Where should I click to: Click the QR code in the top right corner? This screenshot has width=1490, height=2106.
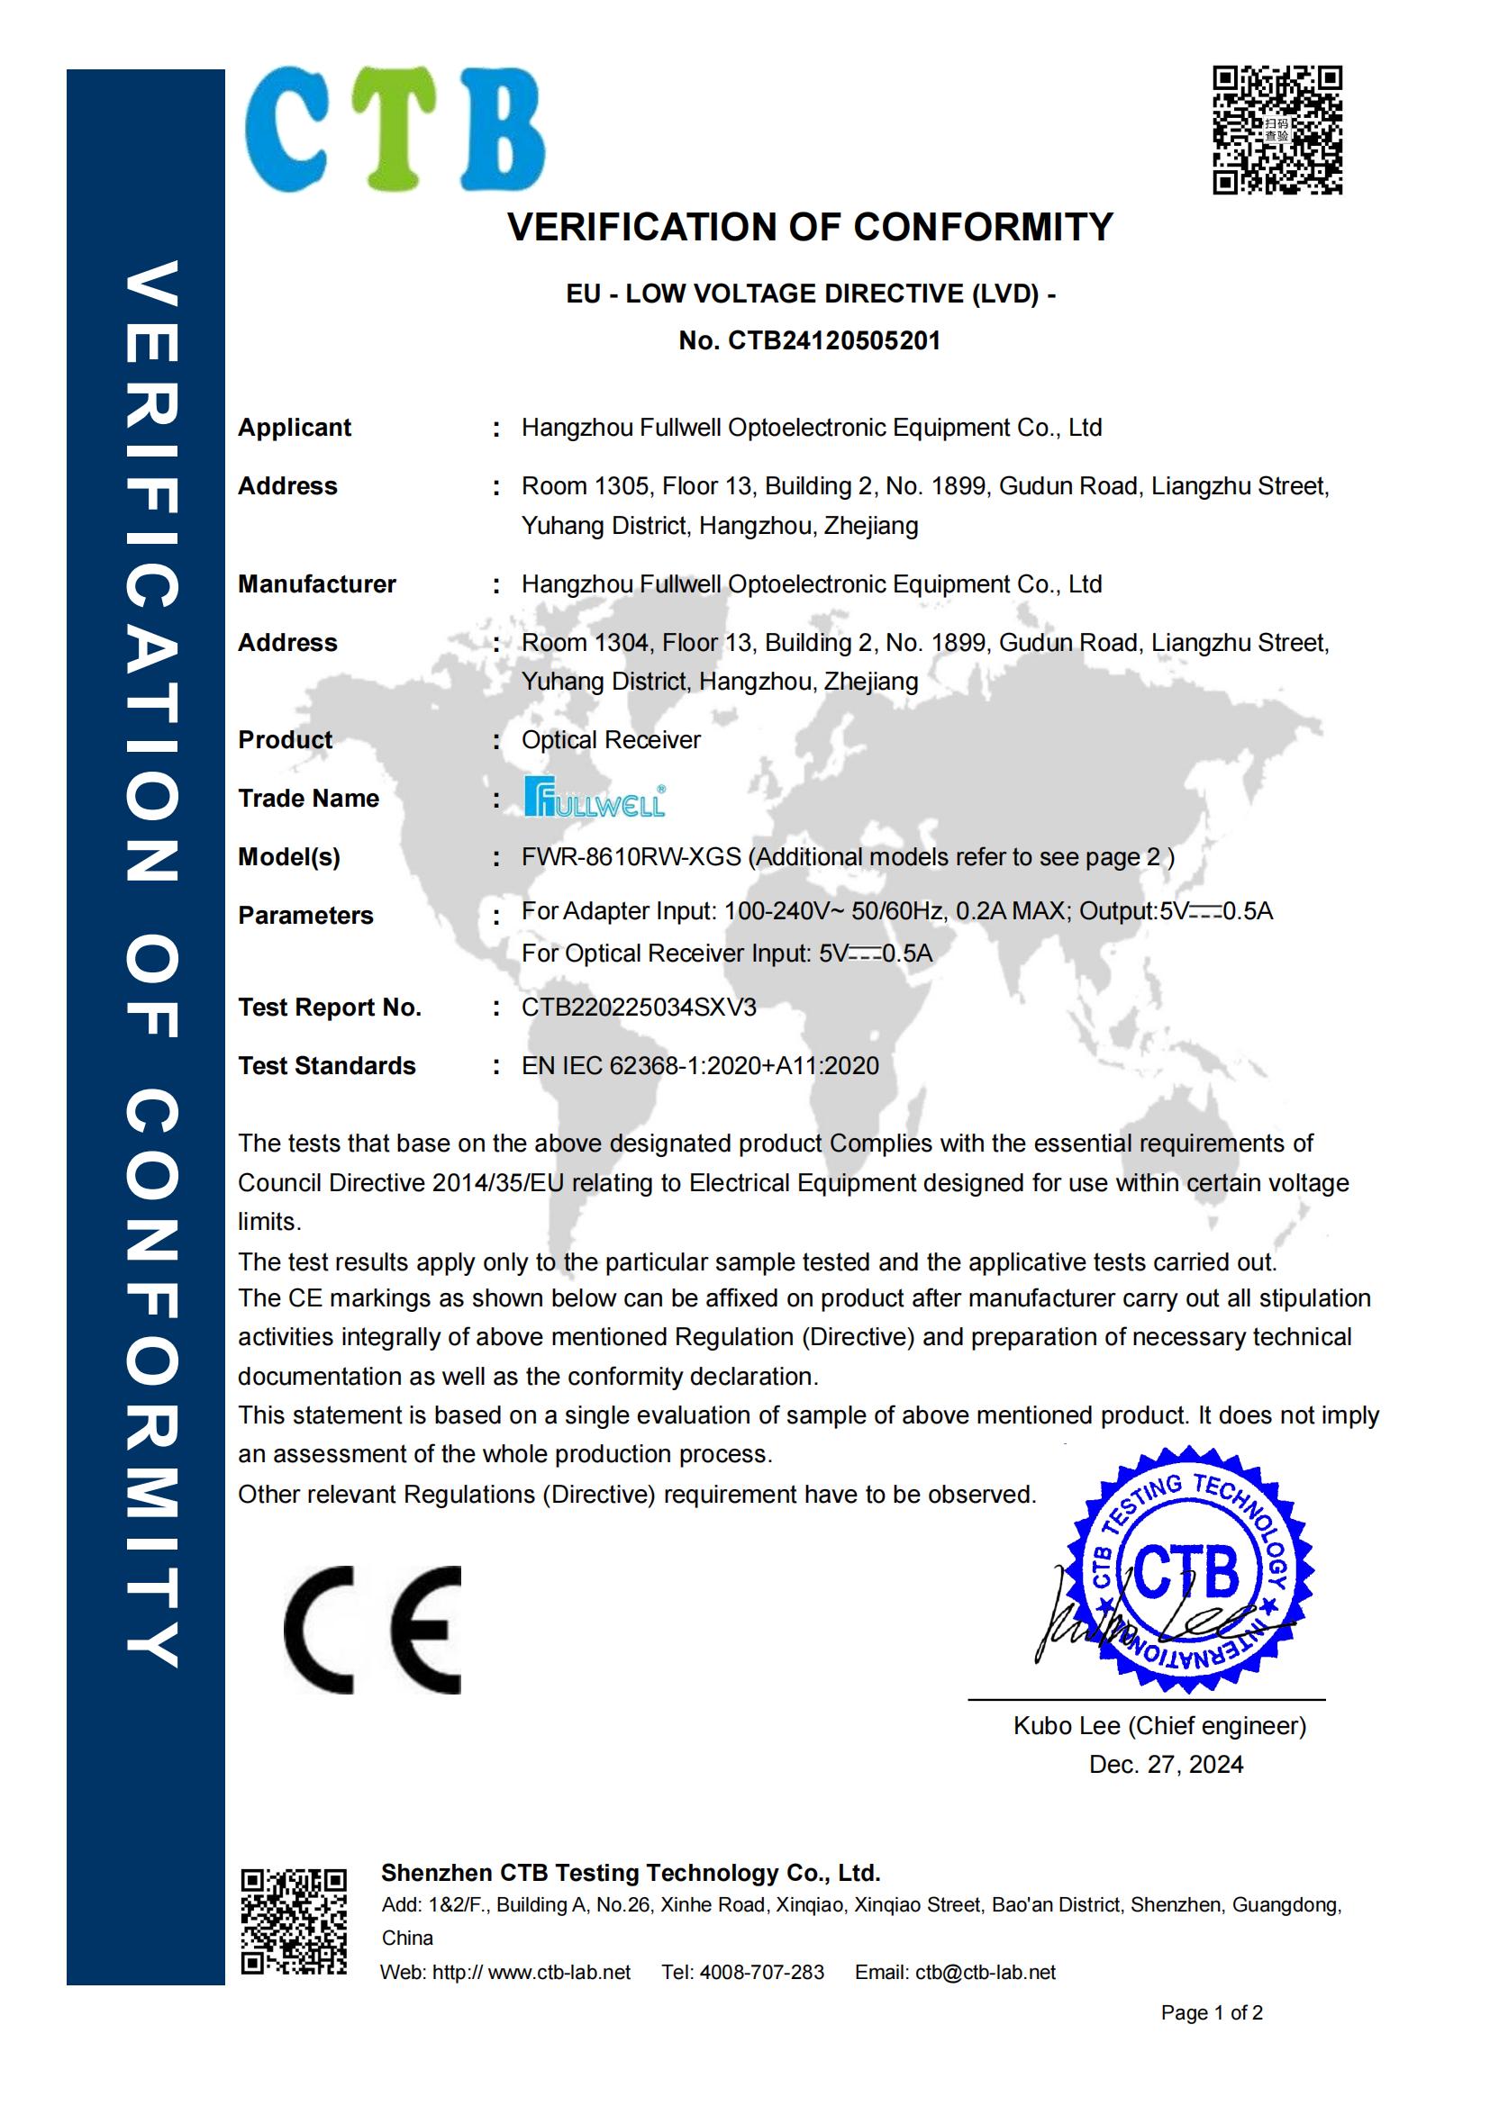click(x=1277, y=130)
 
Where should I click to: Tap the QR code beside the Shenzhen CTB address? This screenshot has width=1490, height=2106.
click(x=294, y=1921)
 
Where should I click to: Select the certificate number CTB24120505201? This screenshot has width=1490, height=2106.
click(x=834, y=341)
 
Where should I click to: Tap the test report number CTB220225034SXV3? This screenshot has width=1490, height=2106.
click(x=639, y=1008)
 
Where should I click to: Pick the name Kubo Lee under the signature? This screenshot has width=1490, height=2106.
click(x=1066, y=1725)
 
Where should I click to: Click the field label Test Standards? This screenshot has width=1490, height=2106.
click(x=327, y=1066)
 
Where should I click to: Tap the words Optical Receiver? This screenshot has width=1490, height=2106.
click(x=610, y=740)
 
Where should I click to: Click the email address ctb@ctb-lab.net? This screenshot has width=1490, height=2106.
click(x=985, y=1972)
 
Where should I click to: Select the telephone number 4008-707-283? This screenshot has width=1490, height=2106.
click(x=761, y=1972)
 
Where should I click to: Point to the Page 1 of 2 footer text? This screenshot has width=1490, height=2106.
click(x=1211, y=2012)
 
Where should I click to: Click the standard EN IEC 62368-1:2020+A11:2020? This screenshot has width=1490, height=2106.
click(x=700, y=1066)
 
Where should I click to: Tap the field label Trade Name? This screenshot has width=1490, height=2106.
click(x=308, y=799)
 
